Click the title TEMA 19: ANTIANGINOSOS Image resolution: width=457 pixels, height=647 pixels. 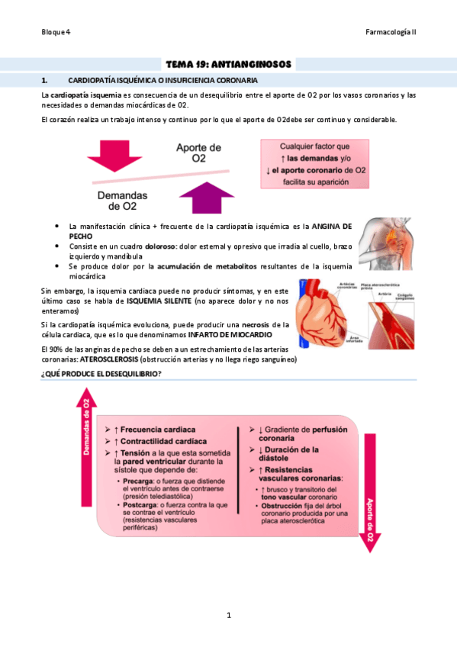click(x=228, y=65)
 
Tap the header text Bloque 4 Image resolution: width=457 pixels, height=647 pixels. click(x=56, y=33)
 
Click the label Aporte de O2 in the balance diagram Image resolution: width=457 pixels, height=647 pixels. click(x=198, y=153)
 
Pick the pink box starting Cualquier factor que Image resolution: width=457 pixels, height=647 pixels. click(x=314, y=163)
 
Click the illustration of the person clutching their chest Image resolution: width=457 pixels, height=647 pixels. click(x=388, y=246)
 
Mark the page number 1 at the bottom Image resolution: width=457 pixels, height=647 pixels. click(x=228, y=615)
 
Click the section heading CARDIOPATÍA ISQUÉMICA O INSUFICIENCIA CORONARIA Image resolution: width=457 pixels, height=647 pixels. click(x=163, y=79)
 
